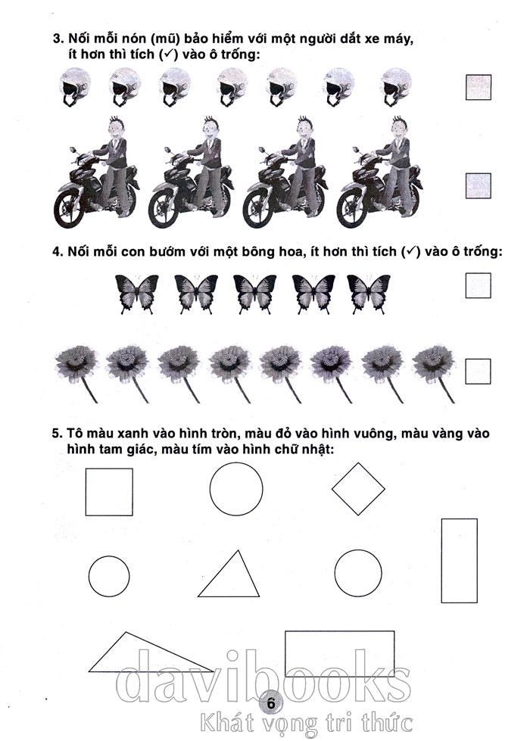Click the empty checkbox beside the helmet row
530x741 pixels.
[x=478, y=88]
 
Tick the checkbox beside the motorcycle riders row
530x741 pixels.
[x=478, y=185]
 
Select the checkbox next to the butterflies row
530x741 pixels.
[x=478, y=285]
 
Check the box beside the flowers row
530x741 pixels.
[x=478, y=372]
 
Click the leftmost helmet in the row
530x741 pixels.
[x=75, y=86]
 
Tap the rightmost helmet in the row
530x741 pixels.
[x=396, y=86]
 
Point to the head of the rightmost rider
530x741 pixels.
[x=400, y=128]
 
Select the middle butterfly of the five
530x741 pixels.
[x=255, y=294]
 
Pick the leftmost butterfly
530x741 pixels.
[x=137, y=294]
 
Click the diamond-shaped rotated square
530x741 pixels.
[x=358, y=489]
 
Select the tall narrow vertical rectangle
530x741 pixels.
[x=459, y=561]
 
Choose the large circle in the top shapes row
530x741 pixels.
[x=236, y=489]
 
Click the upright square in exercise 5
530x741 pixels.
[x=109, y=492]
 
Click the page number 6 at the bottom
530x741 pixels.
[x=270, y=702]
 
